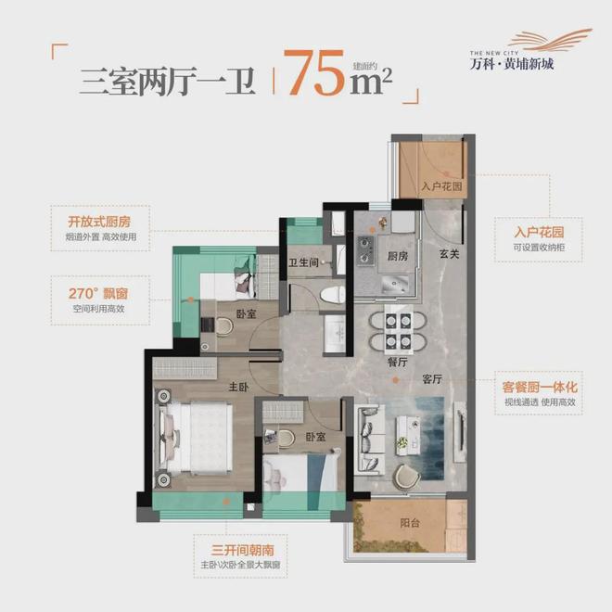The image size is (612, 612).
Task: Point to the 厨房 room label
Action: tap(398, 256)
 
